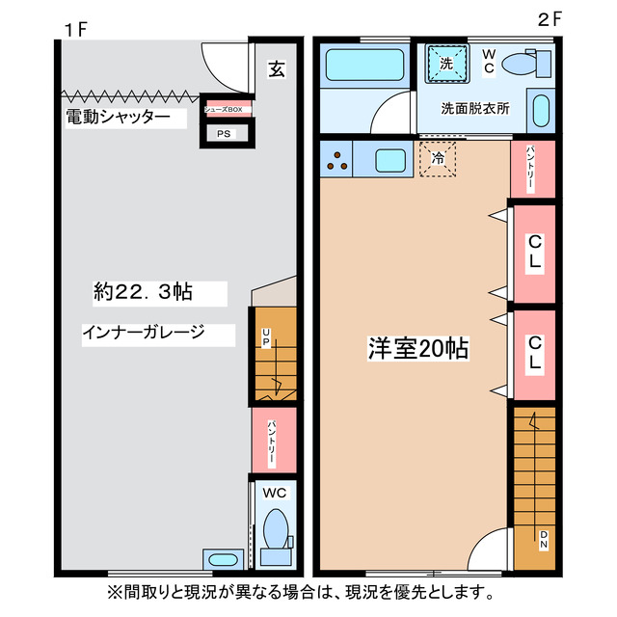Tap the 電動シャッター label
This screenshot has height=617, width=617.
point(118,118)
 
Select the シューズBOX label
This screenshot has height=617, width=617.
point(228,109)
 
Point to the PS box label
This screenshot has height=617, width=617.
point(224,134)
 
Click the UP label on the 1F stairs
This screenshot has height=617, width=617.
point(265,337)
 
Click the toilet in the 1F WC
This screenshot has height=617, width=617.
point(275,529)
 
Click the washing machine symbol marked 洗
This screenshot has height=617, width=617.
point(445,64)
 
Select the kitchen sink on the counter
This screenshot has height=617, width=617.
point(391,159)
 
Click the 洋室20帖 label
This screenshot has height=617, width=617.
point(417,348)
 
